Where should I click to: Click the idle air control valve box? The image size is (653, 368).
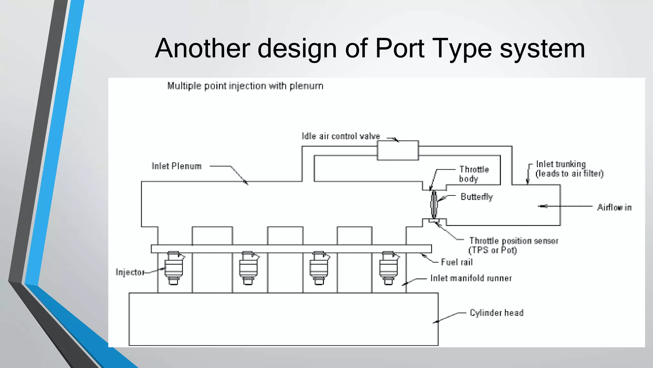coord(398,150)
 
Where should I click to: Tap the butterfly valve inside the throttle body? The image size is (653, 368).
coord(434,203)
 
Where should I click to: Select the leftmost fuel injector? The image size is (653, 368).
coord(173,268)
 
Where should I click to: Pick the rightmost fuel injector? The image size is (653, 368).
coord(388,268)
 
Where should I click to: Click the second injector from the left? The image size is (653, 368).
coord(248,268)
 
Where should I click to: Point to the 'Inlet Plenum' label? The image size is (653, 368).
coord(176,166)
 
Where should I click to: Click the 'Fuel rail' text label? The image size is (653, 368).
coord(457,262)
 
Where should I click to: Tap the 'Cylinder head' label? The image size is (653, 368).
coord(496,313)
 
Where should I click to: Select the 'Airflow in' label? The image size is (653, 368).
coord(614,207)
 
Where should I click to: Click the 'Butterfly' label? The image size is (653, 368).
coord(476,197)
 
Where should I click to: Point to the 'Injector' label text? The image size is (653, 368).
coord(130,272)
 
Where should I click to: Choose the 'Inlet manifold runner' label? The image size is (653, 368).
coord(471,278)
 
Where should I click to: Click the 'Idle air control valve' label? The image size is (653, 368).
coord(341,136)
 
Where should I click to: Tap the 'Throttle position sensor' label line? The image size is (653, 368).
coord(514,241)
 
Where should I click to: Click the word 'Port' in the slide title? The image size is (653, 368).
coord(400,48)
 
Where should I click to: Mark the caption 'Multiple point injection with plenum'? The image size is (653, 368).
coord(245,86)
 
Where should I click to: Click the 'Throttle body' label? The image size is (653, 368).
coord(474,174)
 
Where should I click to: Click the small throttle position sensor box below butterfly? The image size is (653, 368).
coord(434,220)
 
